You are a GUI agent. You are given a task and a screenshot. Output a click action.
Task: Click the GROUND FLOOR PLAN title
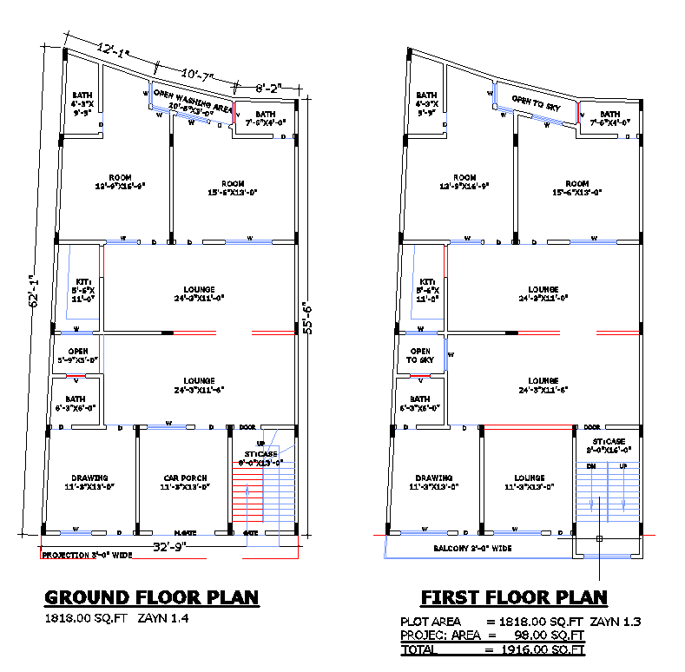(x=152, y=597)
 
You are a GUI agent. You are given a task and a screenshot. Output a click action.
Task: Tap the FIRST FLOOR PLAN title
(x=514, y=597)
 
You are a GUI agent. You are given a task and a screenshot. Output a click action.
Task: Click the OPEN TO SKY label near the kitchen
(x=420, y=355)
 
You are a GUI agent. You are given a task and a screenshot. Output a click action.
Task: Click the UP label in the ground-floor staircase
(x=260, y=444)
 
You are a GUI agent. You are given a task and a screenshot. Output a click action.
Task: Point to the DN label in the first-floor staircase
(x=591, y=466)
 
